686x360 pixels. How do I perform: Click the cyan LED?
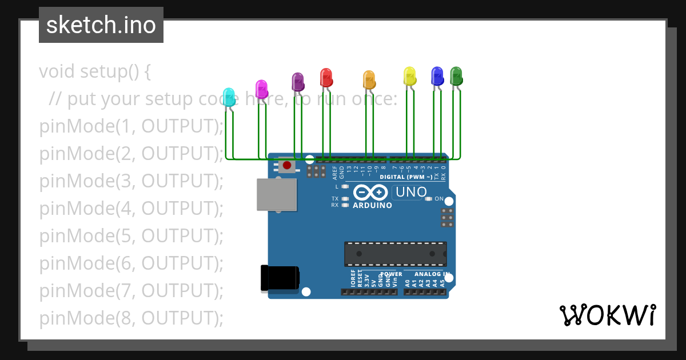(x=229, y=97)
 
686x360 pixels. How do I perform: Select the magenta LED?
(x=261, y=89)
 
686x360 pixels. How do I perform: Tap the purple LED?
(x=297, y=81)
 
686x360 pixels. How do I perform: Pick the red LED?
(x=326, y=77)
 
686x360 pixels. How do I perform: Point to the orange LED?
(x=369, y=79)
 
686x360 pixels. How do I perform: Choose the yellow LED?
(x=409, y=75)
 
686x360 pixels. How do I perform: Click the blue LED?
(x=437, y=75)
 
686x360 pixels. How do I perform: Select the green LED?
(x=456, y=75)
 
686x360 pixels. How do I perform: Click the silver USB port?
(x=277, y=195)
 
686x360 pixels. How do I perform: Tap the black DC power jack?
(x=280, y=278)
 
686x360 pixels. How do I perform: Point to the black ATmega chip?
(x=395, y=254)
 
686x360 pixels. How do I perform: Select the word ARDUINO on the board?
(x=372, y=205)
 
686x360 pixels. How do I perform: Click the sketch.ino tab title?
(x=101, y=25)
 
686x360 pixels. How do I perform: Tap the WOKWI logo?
(x=607, y=315)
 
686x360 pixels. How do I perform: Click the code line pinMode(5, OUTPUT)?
(x=131, y=235)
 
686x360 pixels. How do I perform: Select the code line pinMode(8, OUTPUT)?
(x=131, y=318)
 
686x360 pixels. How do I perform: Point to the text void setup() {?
(x=95, y=71)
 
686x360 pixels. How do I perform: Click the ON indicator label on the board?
(x=439, y=199)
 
